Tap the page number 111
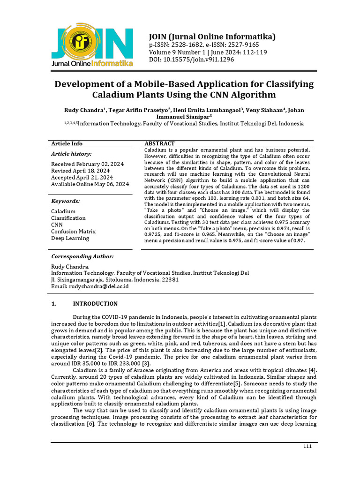(307, 446)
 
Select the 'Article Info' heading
(67, 143)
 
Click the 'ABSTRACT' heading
(159, 143)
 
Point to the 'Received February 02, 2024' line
(87, 164)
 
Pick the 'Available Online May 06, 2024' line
(90, 184)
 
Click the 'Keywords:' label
(65, 201)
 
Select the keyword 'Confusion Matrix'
(73, 231)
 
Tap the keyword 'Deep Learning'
(70, 238)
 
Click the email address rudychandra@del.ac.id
(99, 286)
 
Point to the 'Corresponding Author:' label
(82, 256)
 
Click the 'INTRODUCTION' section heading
(95, 304)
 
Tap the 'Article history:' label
(71, 154)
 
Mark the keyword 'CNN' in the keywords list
(58, 225)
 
